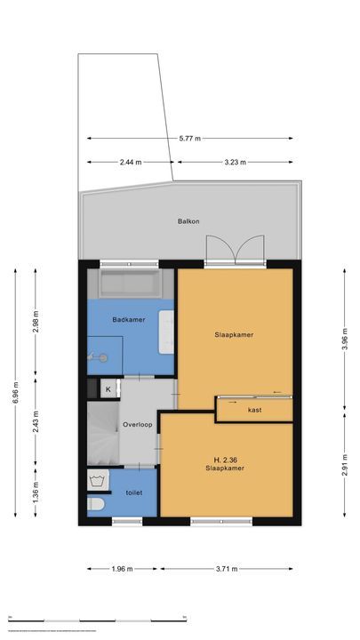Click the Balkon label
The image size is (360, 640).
[188, 221]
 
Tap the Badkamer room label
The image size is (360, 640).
[128, 319]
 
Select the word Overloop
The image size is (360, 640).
[138, 425]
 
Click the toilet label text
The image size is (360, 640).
[133, 492]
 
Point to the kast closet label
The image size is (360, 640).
[254, 409]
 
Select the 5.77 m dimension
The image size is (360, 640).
[190, 139]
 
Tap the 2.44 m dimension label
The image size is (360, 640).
[131, 163]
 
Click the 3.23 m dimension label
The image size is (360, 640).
[235, 163]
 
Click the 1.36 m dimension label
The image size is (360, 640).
[36, 491]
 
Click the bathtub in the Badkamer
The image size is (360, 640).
[130, 284]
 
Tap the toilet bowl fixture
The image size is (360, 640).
[95, 505]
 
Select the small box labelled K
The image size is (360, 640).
[108, 389]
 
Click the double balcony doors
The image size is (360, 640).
[235, 252]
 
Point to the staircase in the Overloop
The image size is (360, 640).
[102, 433]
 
